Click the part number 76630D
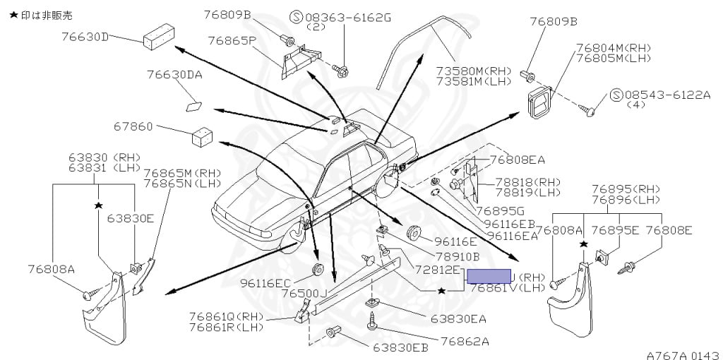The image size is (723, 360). click(x=85, y=37)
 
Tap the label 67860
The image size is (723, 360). click(x=133, y=127)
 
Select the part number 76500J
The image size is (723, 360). click(x=304, y=293)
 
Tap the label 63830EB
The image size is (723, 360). click(x=400, y=347)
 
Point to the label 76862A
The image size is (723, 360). click(x=465, y=341)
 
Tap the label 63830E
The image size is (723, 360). click(x=131, y=218)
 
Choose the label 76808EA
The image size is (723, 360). click(x=517, y=160)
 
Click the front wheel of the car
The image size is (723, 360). click(x=292, y=238)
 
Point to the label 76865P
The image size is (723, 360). click(x=230, y=40)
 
